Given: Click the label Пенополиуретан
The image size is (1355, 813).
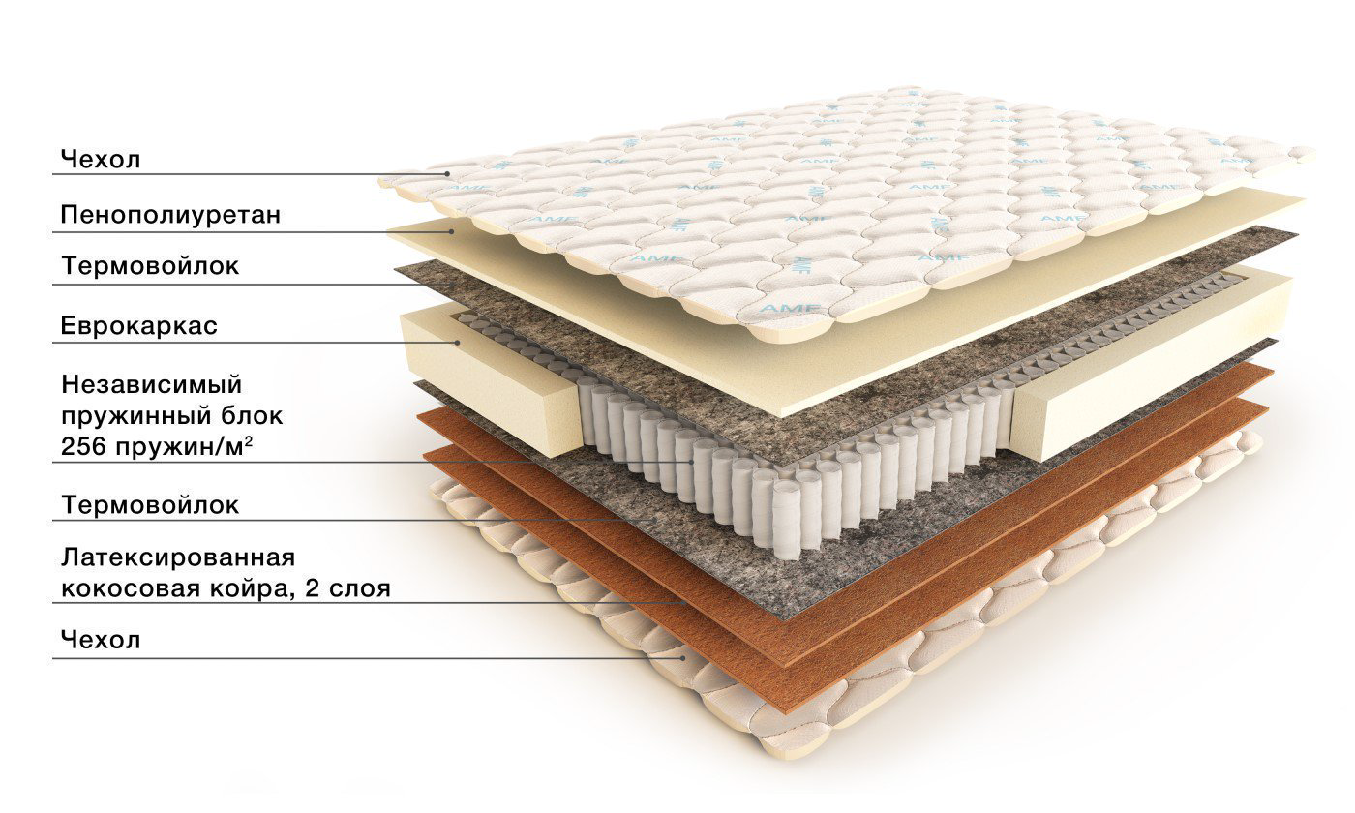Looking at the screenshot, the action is (170, 215).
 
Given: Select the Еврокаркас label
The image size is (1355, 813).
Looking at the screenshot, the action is (139, 326).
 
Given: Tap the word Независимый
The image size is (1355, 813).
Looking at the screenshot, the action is (152, 385).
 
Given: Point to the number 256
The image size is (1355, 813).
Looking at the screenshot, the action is (83, 446).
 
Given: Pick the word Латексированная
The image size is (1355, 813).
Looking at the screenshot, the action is (178, 557).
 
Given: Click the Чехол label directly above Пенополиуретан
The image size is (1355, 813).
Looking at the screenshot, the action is (101, 160).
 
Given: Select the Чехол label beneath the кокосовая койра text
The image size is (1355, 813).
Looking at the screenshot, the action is (101, 640).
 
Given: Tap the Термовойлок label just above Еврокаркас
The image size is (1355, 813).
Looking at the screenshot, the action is (150, 266).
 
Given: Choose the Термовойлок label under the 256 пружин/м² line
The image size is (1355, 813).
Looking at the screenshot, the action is (150, 505).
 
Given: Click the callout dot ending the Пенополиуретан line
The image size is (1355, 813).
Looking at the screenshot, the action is (451, 231).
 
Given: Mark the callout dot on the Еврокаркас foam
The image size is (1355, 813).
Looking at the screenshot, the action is (457, 343).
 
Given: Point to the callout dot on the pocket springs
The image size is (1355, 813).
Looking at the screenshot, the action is (693, 463).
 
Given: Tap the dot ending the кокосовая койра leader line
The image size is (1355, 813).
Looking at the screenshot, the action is (685, 602).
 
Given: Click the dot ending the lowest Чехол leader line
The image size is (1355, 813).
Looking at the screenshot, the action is (683, 658).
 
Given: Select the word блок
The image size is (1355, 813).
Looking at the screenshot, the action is (253, 415).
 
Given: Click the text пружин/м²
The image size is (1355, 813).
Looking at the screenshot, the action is (183, 446).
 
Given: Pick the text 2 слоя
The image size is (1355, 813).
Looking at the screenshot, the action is (347, 588).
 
